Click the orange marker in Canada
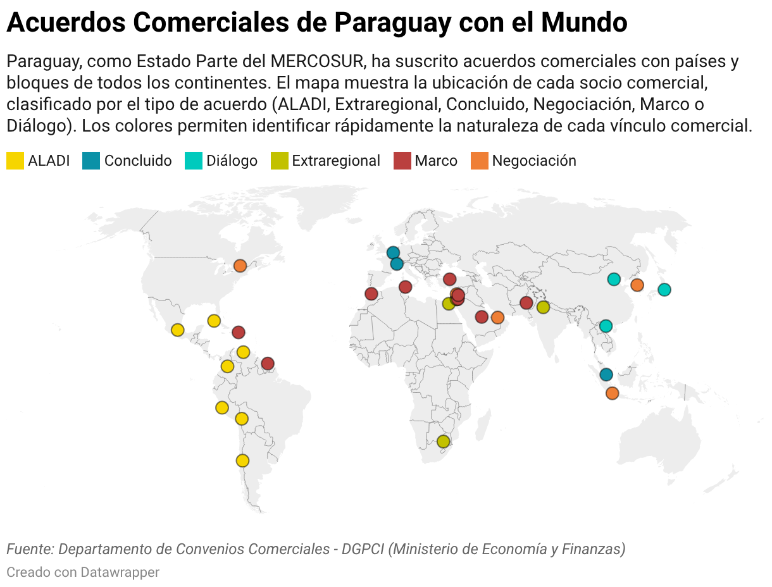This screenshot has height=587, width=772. (x=240, y=266)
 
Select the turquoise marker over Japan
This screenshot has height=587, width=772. (x=664, y=290)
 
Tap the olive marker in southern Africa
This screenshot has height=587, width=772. (x=443, y=441)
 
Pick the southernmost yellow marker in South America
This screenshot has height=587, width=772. (x=242, y=460)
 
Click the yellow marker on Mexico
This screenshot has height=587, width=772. (x=178, y=330)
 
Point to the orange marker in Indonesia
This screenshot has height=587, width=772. (x=612, y=393)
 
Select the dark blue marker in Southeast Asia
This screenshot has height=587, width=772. (x=606, y=374)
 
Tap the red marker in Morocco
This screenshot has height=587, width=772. (x=371, y=293)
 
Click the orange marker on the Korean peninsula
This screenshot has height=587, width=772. (x=637, y=285)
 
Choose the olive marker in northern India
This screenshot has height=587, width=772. (x=543, y=307)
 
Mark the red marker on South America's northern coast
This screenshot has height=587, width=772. (x=268, y=363)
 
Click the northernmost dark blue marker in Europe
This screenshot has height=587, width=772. (x=393, y=252)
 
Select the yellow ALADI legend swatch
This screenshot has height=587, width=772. (x=15, y=161)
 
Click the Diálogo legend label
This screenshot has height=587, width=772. (x=232, y=161)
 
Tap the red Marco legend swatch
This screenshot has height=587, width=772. (x=402, y=161)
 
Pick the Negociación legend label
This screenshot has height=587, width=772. (x=534, y=161)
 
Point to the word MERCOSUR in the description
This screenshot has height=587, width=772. (x=317, y=61)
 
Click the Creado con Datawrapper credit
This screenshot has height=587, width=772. (x=83, y=572)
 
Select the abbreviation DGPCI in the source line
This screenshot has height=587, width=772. (x=363, y=548)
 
